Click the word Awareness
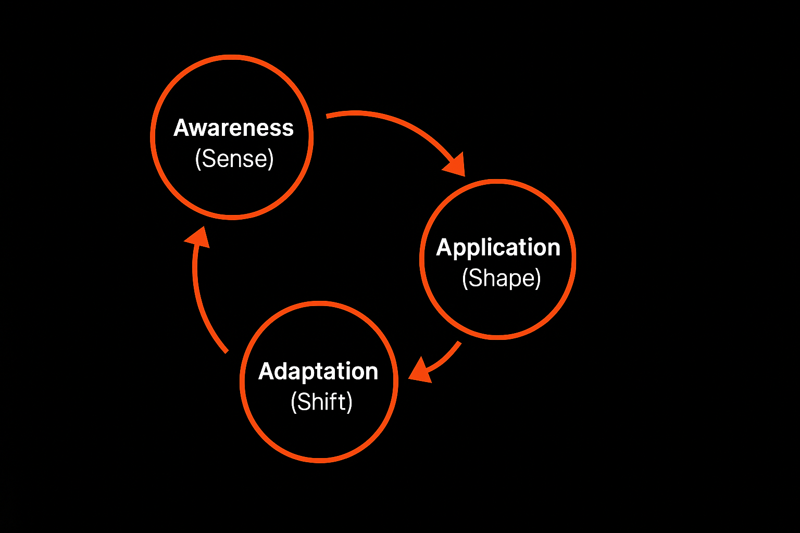233,128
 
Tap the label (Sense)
234,159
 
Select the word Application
498,248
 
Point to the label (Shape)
501,278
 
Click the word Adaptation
318,372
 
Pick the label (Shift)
321,402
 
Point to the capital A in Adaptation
267,372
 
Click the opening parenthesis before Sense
198,159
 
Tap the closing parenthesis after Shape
538,279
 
